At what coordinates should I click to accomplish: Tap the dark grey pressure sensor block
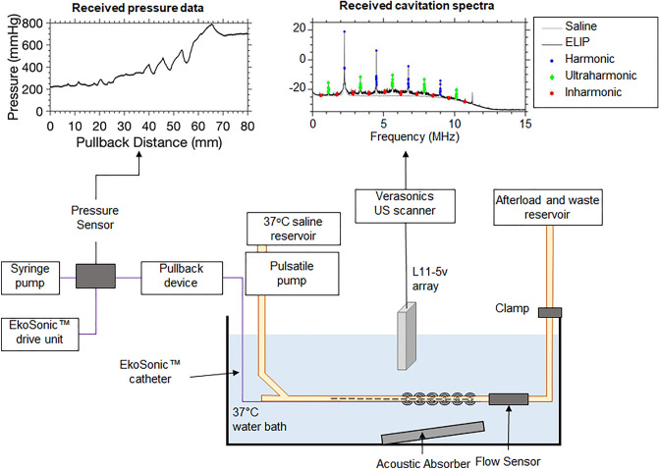coord(96,276)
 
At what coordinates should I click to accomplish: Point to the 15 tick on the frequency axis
coord(527,125)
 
